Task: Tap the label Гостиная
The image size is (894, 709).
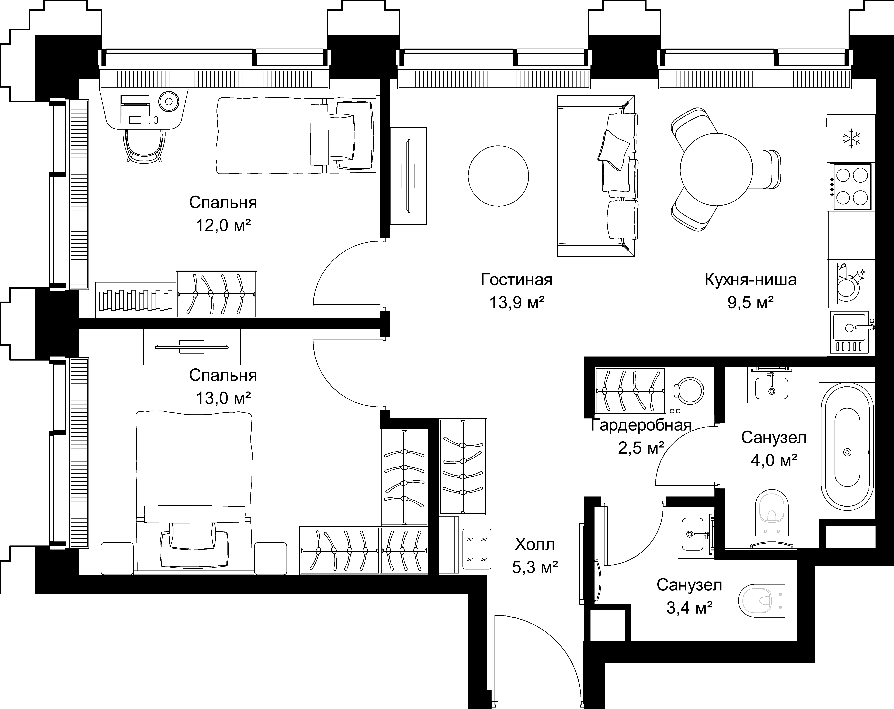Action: click(x=517, y=280)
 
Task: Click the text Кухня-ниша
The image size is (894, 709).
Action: click(x=751, y=280)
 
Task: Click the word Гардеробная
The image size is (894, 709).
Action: click(x=641, y=425)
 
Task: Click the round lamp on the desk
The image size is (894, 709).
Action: click(x=168, y=101)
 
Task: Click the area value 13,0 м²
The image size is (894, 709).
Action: click(x=223, y=398)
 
